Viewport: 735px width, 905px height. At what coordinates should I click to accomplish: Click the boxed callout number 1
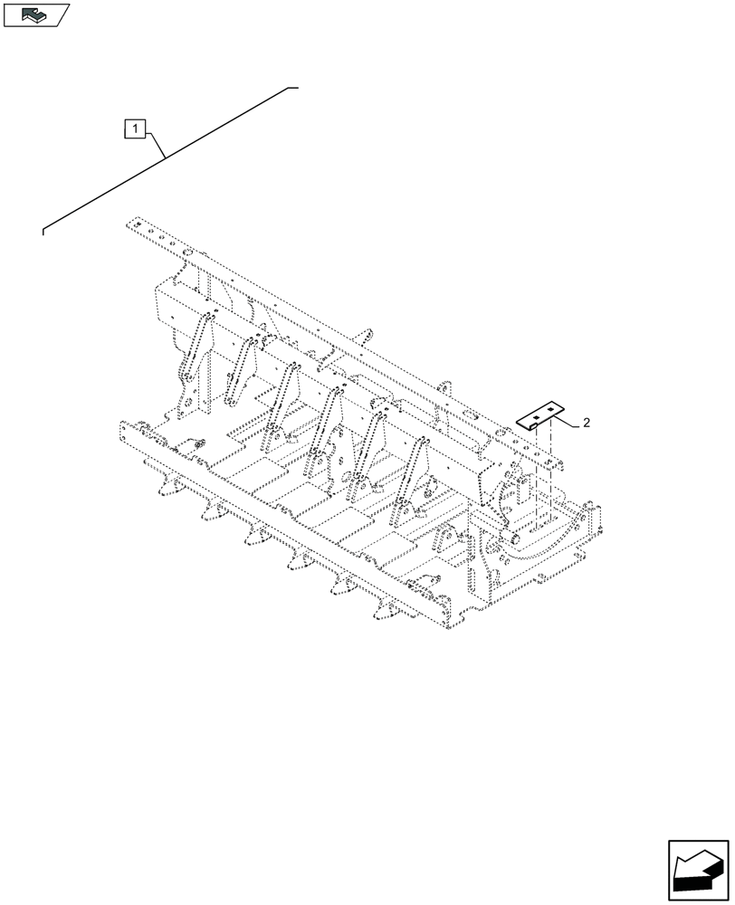(x=134, y=129)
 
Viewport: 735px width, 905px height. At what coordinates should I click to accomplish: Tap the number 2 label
(x=587, y=423)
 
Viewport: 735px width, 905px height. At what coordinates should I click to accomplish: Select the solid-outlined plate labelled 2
(x=541, y=417)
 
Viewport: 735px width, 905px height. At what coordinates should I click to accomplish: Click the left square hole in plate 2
(x=535, y=418)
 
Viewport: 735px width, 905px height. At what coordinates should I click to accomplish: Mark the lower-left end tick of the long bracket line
(x=43, y=232)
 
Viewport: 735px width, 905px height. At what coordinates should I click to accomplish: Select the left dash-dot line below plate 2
(x=535, y=475)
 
